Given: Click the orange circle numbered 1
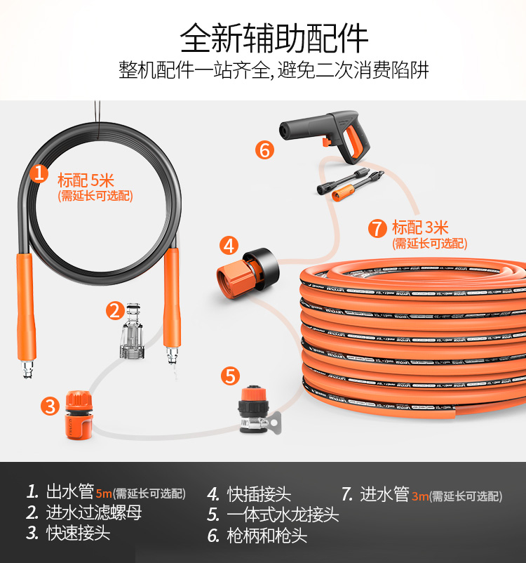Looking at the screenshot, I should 41,173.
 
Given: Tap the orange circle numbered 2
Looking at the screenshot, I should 115,310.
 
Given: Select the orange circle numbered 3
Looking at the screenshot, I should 49,406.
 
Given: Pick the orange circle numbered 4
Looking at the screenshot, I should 228,246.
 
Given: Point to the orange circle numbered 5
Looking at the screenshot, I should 230,376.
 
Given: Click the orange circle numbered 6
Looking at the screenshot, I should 264,150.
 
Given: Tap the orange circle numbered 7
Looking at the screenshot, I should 377,228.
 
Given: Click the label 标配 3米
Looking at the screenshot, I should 420,227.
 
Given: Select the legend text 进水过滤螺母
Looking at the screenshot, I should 94,513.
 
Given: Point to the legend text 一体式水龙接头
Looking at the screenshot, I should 283,515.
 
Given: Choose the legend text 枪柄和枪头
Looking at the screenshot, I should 267,536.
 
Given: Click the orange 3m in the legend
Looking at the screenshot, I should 419,496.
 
